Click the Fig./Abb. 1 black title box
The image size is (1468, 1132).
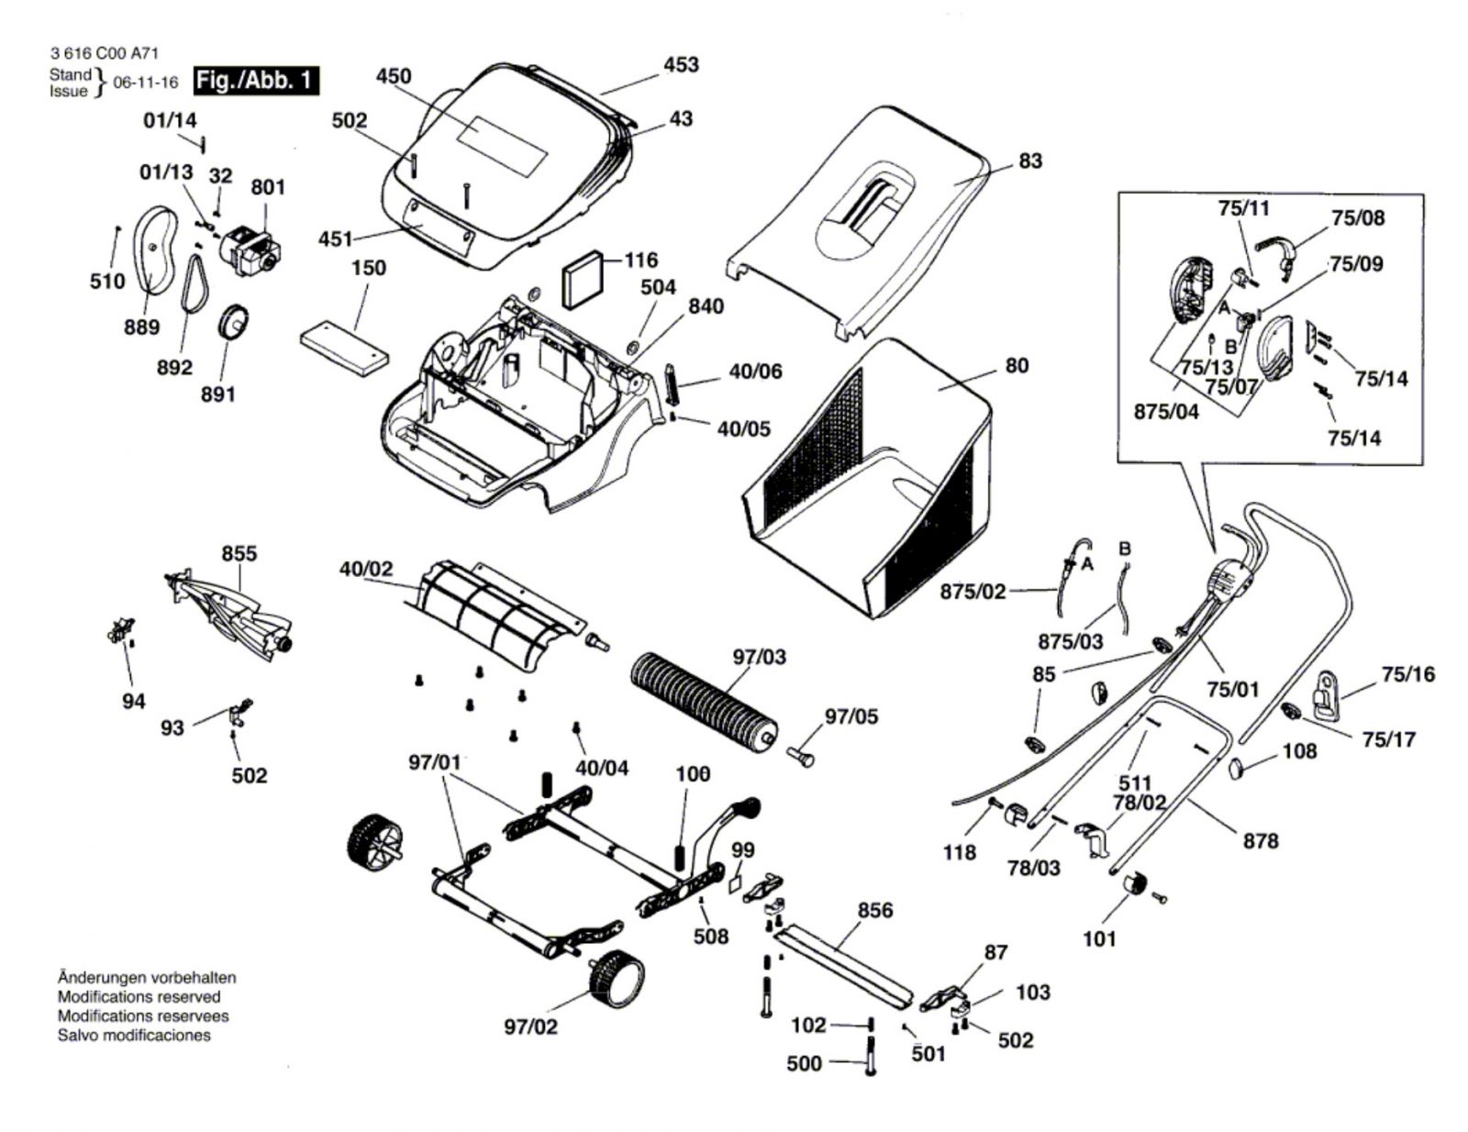tap(256, 81)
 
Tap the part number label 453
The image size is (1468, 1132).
tap(681, 65)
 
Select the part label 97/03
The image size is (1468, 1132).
tap(760, 657)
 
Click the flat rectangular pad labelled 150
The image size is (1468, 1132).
tap(345, 348)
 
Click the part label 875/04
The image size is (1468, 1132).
tap(1166, 411)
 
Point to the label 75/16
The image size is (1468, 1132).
tap(1409, 673)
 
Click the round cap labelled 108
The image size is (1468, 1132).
tap(1240, 769)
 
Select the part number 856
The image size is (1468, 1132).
tap(875, 910)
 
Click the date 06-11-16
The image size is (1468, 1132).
tap(146, 83)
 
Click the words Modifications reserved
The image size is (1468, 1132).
tap(139, 996)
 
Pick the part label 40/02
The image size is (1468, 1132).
tap(365, 569)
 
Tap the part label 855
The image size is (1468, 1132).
tap(239, 554)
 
